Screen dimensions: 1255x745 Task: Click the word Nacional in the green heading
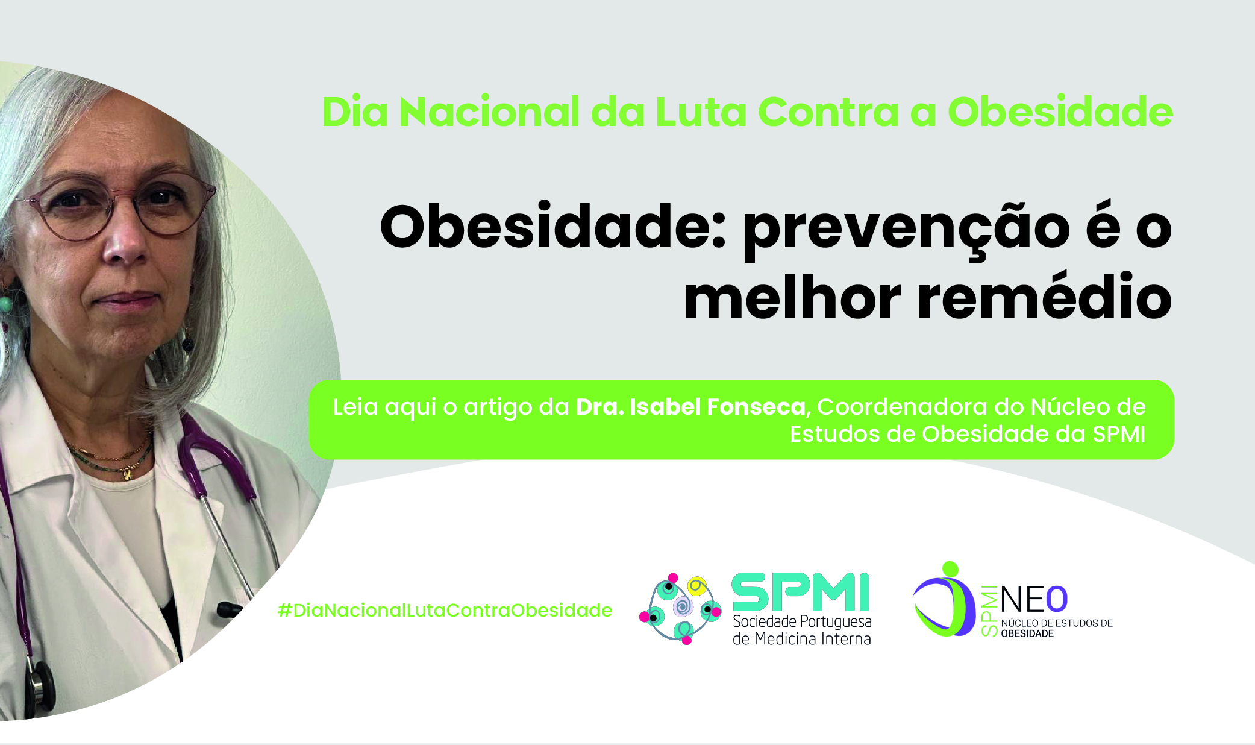[489, 112]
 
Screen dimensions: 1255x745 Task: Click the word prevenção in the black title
[906, 232]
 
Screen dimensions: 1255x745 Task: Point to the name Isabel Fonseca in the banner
[718, 407]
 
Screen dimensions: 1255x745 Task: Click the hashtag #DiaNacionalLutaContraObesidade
[445, 610]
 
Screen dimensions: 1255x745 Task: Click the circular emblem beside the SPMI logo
[680, 609]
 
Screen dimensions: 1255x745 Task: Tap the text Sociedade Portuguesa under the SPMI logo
[802, 621]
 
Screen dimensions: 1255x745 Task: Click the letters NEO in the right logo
[1034, 600]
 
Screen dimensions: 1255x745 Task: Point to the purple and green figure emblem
[944, 600]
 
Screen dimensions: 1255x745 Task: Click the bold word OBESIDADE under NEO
[1027, 633]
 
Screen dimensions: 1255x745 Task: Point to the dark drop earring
[187, 344]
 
